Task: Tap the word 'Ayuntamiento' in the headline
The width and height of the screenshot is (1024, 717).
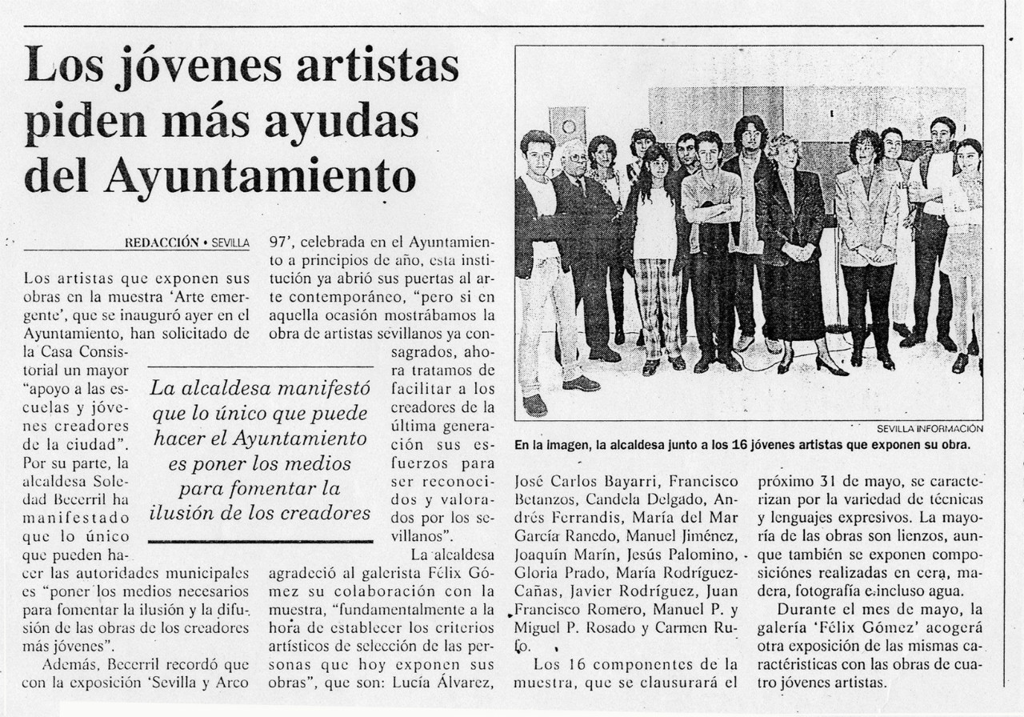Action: [x=260, y=178]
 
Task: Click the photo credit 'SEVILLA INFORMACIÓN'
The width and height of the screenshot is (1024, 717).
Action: [x=930, y=428]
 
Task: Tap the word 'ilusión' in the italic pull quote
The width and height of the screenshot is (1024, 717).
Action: [x=185, y=513]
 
